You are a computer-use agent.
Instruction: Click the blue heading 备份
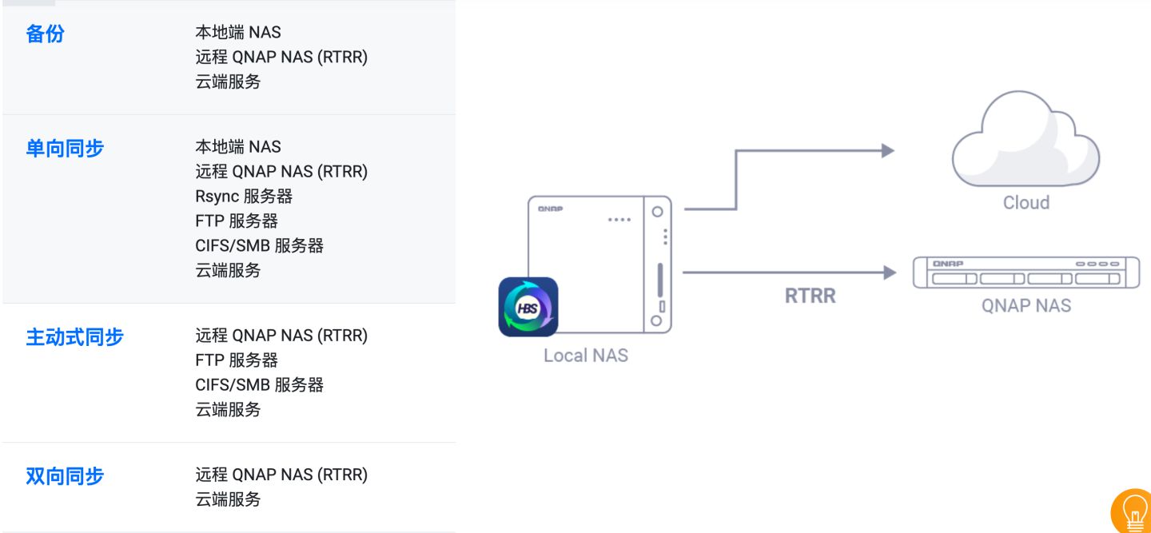pos(45,34)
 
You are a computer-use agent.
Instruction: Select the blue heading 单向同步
pos(65,148)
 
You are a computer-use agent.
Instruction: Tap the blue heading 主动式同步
pos(74,336)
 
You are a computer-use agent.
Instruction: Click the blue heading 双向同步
pos(65,476)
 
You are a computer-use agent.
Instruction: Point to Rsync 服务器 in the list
pos(244,196)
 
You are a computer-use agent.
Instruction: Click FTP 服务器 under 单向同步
pos(237,221)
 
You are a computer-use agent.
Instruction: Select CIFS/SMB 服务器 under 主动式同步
pos(259,384)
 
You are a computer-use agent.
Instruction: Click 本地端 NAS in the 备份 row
pos(238,32)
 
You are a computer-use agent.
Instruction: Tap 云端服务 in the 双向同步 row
pos(228,499)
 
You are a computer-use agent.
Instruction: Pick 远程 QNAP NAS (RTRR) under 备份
pos(281,57)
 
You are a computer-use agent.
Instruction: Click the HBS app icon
pos(528,307)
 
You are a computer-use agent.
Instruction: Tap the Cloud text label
pos(1026,203)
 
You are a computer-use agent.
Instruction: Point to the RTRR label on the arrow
pos(810,296)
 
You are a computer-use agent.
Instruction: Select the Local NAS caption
pos(586,356)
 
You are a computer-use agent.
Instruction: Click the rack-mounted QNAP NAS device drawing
pos(1026,272)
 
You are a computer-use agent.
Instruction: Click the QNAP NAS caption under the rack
pos(1026,305)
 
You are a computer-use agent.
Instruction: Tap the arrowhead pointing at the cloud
pos(887,150)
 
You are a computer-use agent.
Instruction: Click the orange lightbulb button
pos(1133,511)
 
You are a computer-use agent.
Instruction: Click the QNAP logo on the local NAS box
pos(550,209)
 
